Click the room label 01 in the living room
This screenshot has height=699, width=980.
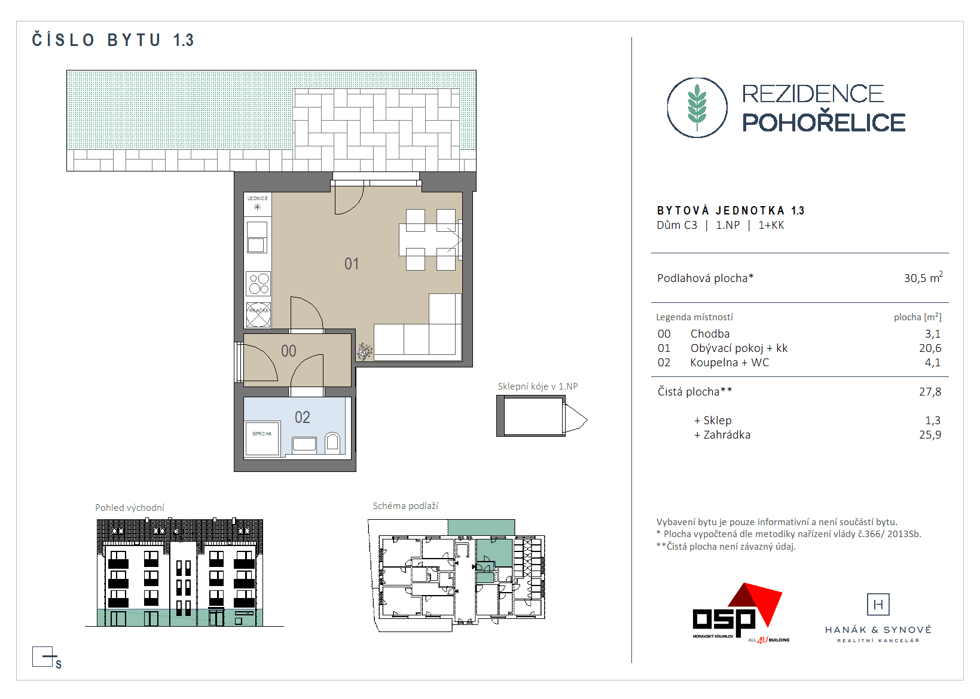352,264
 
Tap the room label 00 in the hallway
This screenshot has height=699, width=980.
289,351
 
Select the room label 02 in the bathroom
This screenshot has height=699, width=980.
303,418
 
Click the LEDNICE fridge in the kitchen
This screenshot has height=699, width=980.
258,204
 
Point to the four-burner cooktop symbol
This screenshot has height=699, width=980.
258,284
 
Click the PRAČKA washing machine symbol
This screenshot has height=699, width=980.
258,315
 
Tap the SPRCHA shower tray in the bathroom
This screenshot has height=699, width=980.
262,438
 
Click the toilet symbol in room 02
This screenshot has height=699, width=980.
332,443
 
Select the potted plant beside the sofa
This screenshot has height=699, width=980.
364,352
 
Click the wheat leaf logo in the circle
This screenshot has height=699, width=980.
697,108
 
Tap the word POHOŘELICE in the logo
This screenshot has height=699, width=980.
823,122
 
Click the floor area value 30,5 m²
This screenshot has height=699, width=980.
923,278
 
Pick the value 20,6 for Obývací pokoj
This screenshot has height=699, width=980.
930,348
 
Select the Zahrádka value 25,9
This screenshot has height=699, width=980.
930,435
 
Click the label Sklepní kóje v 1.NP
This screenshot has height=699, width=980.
538,387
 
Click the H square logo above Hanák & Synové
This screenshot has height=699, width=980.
878,605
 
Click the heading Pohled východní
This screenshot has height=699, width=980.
130,508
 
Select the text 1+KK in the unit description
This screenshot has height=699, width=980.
771,225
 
